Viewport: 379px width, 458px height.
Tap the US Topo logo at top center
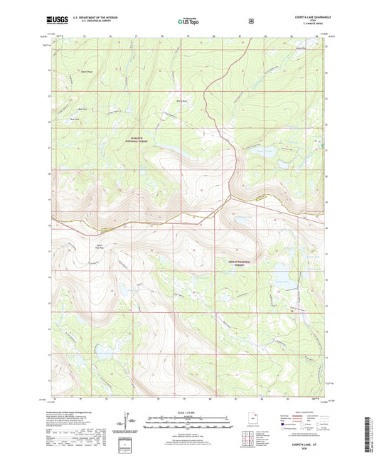pos(188,21)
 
